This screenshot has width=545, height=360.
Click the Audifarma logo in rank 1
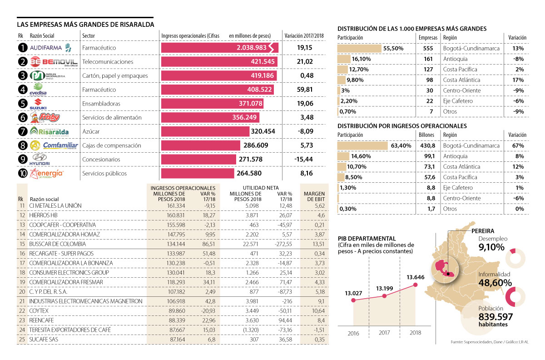[x=50, y=47]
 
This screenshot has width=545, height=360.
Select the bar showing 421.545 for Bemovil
[x=219, y=61]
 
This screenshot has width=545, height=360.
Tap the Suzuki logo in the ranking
[x=38, y=104]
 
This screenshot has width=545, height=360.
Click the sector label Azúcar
[x=91, y=131]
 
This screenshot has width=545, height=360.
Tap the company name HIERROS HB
[x=43, y=215]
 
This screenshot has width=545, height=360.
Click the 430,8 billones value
[x=428, y=145]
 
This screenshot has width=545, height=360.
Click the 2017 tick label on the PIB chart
[x=385, y=333]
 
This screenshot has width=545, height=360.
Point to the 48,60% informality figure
[x=495, y=283]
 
